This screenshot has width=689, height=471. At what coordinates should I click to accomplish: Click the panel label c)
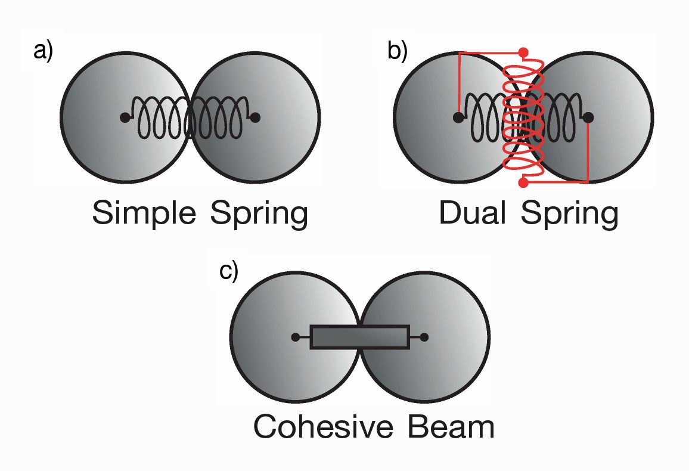pyautogui.click(x=229, y=271)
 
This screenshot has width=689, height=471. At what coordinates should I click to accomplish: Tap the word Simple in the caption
pyautogui.click(x=143, y=214)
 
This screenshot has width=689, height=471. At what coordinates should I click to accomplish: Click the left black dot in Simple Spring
pyautogui.click(x=125, y=117)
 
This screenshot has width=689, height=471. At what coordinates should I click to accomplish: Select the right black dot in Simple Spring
pyautogui.click(x=255, y=117)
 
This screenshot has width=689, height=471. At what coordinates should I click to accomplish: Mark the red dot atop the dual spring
pyautogui.click(x=523, y=53)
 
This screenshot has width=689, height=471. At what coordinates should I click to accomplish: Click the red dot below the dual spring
pyautogui.click(x=524, y=181)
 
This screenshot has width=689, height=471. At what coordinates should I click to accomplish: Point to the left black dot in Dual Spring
pyautogui.click(x=458, y=117)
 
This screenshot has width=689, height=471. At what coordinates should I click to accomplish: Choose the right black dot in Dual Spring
pyautogui.click(x=588, y=117)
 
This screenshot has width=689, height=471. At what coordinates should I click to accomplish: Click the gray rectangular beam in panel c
pyautogui.click(x=359, y=337)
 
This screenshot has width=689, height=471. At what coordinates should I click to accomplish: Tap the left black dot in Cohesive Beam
pyautogui.click(x=295, y=337)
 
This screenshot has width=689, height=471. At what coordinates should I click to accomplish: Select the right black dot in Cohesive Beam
pyautogui.click(x=424, y=337)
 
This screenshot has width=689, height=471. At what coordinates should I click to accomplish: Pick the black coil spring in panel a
pyautogui.click(x=190, y=117)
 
